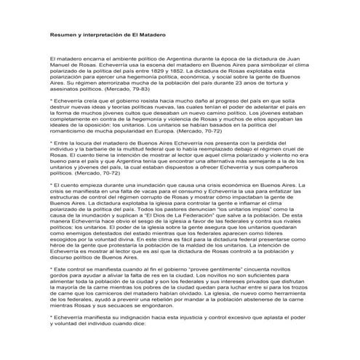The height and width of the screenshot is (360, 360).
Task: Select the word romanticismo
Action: (70, 135)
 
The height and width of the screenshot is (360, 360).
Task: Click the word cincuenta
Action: (255, 288)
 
